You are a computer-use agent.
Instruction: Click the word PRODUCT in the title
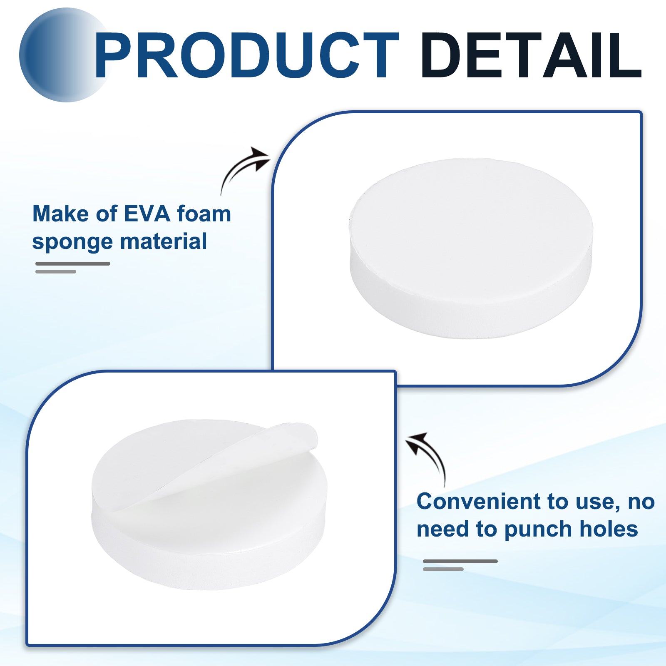coord(247,55)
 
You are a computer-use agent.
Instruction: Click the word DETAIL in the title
coord(531,55)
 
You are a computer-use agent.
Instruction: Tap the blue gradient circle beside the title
coord(62,55)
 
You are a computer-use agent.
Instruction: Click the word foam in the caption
coord(204,214)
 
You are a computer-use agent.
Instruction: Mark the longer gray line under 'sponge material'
coord(73,263)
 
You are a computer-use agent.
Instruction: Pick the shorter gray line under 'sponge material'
coord(56,271)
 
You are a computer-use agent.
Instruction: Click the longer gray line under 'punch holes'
coord(460,561)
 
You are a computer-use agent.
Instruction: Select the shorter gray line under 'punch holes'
coord(443,569)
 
